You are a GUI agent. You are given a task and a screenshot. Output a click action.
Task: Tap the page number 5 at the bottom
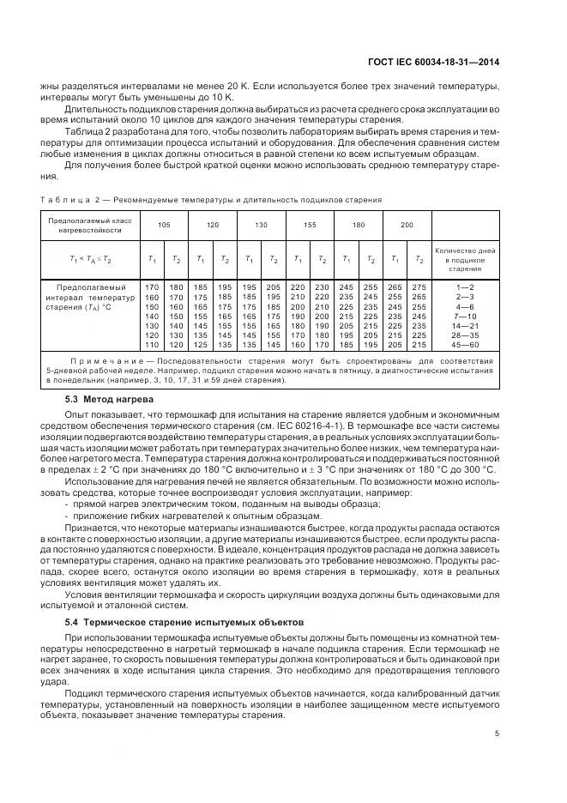pyautogui.click(x=498, y=733)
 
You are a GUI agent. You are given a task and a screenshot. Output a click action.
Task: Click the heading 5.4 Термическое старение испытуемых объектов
pyautogui.click(x=184, y=620)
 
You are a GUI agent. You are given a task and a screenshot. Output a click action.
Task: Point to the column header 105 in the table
pyautogui.click(x=163, y=224)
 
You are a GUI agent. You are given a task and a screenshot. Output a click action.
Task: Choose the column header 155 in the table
pyautogui.click(x=310, y=224)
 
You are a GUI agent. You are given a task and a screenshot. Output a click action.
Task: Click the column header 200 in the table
pyautogui.click(x=407, y=224)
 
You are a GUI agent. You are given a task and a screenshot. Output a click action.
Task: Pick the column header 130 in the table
pyautogui.click(x=261, y=224)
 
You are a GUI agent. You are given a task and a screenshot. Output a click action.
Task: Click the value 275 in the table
pyautogui.click(x=419, y=286)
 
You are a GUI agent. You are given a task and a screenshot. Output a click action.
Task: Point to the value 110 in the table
pyautogui.click(x=152, y=344)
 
